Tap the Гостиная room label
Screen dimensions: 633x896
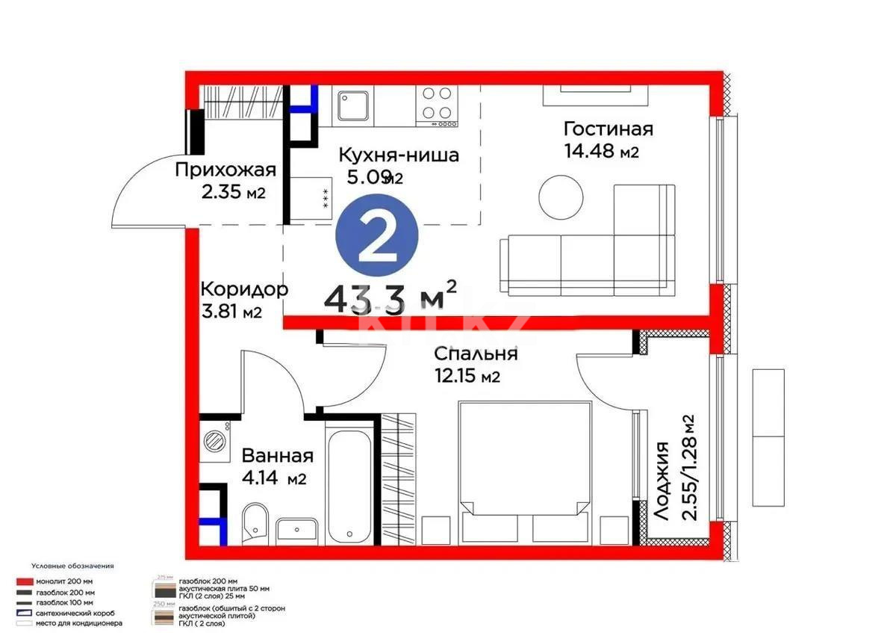point(608,129)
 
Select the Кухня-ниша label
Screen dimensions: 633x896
point(398,155)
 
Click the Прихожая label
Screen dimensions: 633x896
point(225,170)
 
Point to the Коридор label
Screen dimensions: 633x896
point(243,289)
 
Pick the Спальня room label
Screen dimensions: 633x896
point(476,353)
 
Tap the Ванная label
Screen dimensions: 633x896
point(277,456)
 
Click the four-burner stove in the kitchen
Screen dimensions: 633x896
point(437,104)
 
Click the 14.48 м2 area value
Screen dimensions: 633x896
point(602,152)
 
